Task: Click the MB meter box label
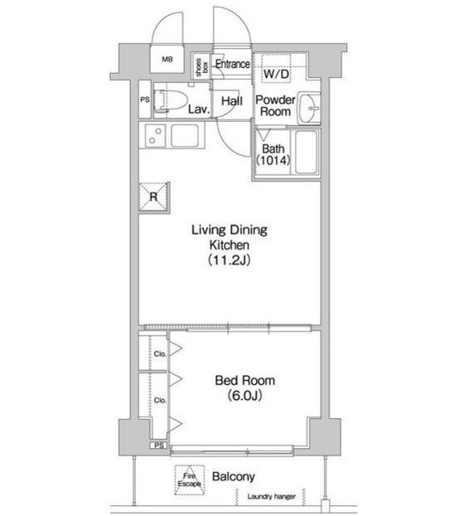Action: point(167,60)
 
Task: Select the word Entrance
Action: point(233,64)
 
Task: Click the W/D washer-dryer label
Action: point(276,74)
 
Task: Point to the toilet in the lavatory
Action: point(170,100)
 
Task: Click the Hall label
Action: point(232,101)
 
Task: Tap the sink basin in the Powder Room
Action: point(309,108)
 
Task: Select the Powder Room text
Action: point(275,105)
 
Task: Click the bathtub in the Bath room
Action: point(307,152)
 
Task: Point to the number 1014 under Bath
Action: point(273,160)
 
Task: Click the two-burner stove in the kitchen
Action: point(155,135)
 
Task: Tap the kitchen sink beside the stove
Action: point(185,135)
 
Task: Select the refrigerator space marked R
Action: point(153,197)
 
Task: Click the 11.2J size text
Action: point(229,260)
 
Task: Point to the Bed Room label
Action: point(244,381)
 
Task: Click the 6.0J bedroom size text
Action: point(244,396)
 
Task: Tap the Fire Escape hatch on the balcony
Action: point(190,479)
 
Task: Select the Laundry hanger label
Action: point(272,497)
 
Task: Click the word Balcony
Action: point(234,477)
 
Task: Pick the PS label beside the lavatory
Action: point(145,100)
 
